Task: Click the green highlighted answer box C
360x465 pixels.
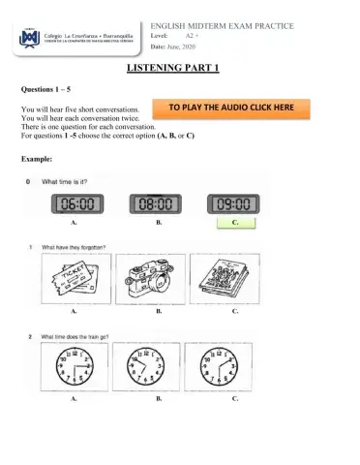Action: coord(235,223)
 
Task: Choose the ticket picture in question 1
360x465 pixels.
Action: coord(74,280)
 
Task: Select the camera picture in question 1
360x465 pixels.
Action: coord(152,280)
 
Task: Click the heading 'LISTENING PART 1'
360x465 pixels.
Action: coord(179,69)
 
